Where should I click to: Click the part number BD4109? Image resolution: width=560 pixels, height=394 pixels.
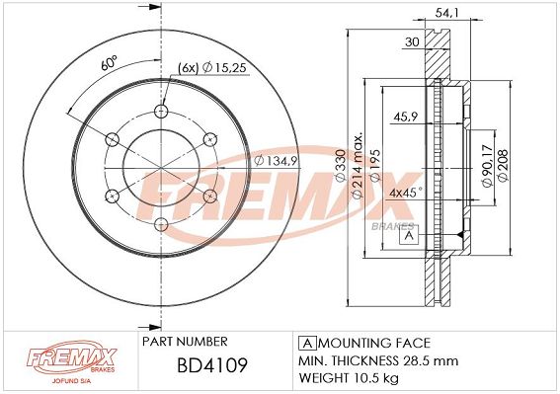click(212, 365)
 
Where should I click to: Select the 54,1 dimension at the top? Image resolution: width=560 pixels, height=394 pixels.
click(446, 13)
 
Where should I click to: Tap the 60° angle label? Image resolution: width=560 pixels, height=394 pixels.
click(110, 63)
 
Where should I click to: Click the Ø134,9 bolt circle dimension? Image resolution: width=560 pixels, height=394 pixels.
click(276, 161)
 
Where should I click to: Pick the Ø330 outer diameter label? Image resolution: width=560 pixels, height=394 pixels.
click(341, 165)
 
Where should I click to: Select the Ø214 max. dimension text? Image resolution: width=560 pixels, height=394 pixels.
click(358, 165)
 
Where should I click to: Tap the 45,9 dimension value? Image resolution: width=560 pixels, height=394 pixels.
click(405, 117)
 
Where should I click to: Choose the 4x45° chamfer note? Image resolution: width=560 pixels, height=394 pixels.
click(406, 194)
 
